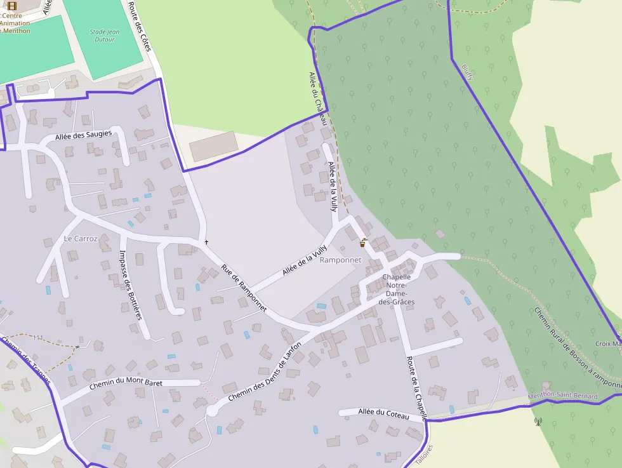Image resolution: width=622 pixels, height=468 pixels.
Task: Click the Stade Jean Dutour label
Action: pyautogui.click(x=104, y=35)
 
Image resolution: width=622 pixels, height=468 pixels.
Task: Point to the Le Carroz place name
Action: pyautogui.click(x=81, y=239)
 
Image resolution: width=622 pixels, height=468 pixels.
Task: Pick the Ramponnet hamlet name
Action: pyautogui.click(x=340, y=260)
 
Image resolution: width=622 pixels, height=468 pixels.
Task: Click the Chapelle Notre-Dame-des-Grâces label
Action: pyautogui.click(x=397, y=290)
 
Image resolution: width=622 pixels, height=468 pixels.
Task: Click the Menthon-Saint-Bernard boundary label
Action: pyautogui.click(x=562, y=396)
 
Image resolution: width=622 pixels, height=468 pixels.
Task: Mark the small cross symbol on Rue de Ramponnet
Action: pyautogui.click(x=206, y=242)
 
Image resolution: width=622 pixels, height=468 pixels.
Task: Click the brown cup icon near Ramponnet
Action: pyautogui.click(x=363, y=242)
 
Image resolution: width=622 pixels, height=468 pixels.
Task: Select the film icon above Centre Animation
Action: pyautogui.click(x=11, y=6)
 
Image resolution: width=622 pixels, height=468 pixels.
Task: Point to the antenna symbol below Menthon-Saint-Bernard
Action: pyautogui.click(x=538, y=420)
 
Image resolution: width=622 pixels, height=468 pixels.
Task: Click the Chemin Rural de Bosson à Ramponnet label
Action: pyautogui.click(x=576, y=348)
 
